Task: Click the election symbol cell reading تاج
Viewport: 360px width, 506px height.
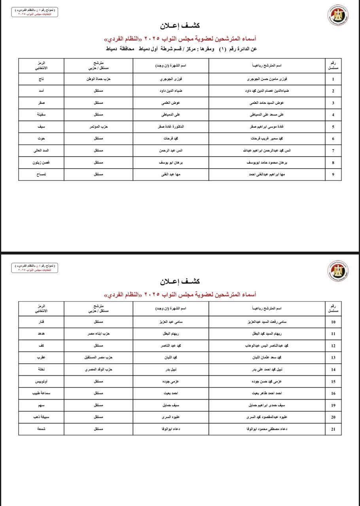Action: click(41, 79)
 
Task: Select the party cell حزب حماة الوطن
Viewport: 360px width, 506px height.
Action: click(99, 79)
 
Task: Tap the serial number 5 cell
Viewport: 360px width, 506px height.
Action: click(333, 127)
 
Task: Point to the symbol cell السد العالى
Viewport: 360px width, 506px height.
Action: click(41, 151)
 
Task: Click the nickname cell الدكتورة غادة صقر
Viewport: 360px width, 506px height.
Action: click(171, 127)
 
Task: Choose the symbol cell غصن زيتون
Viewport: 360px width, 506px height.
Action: click(41, 162)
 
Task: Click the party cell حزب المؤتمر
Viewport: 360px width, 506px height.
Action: click(99, 127)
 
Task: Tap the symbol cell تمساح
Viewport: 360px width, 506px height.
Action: click(41, 174)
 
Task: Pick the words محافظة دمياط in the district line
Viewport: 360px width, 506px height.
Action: click(121, 49)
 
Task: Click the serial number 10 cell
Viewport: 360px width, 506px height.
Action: click(333, 322)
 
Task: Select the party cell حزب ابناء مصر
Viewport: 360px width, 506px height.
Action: click(99, 334)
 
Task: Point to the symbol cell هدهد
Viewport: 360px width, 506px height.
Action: click(41, 334)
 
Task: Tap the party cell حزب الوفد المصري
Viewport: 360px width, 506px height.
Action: click(99, 370)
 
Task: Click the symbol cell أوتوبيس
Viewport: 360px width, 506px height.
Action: click(41, 381)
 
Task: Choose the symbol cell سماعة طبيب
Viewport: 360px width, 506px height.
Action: click(41, 393)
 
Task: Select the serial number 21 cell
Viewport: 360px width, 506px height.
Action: click(333, 429)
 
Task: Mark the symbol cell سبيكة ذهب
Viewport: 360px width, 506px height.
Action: click(41, 417)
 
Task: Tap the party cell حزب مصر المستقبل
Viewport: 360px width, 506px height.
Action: click(99, 357)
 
